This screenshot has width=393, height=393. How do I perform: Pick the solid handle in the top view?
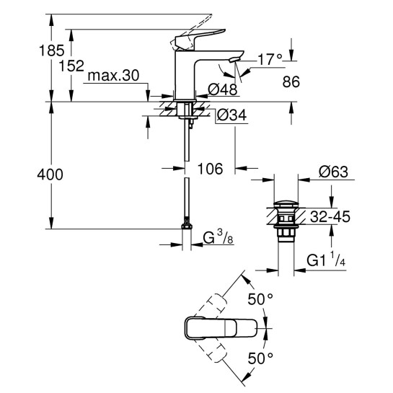216,328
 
